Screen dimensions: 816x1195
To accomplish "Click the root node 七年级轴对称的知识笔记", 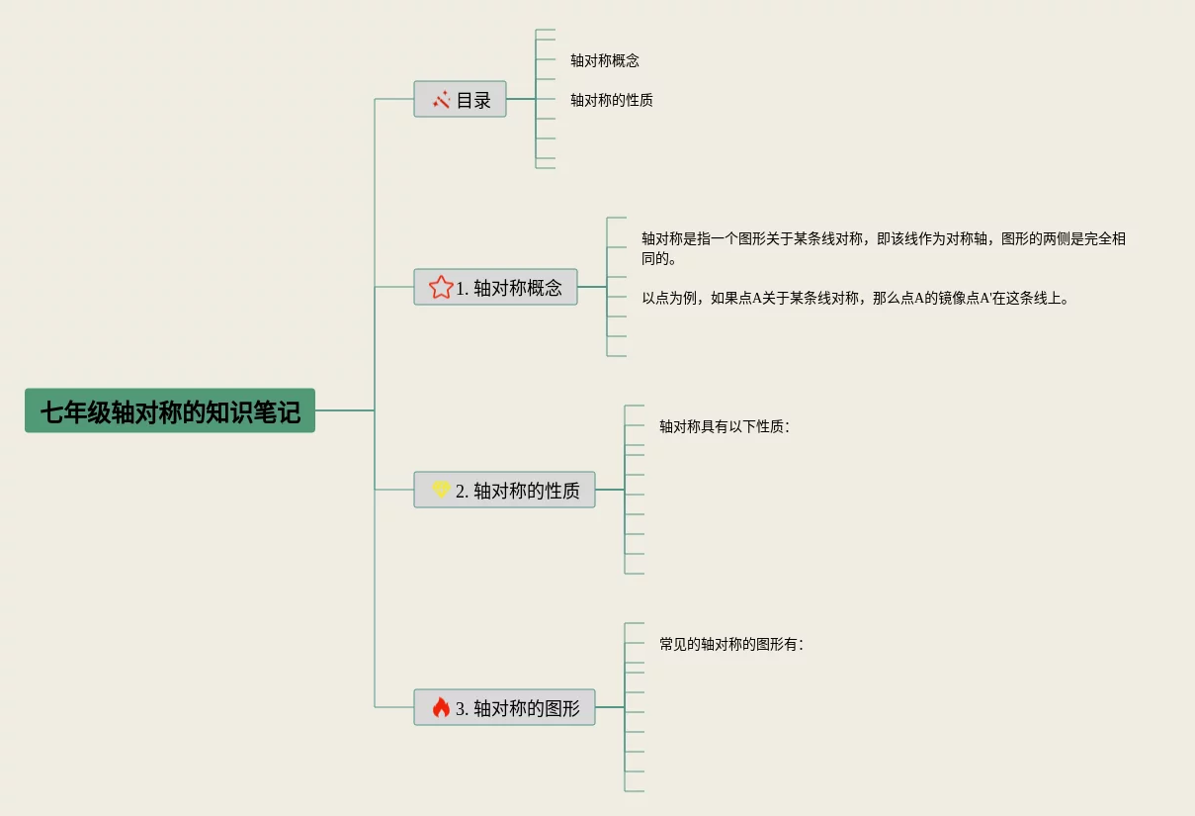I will tap(169, 410).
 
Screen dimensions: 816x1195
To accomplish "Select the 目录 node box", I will tap(460, 99).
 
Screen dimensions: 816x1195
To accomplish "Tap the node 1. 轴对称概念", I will tap(495, 287).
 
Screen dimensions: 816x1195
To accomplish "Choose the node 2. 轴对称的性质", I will tap(504, 490).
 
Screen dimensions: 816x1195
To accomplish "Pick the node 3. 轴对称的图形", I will tap(504, 707).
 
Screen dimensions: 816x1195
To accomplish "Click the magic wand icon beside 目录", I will tap(441, 99).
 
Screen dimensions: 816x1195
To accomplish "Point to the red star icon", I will tap(441, 287).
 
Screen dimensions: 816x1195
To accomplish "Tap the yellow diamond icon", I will tap(441, 490).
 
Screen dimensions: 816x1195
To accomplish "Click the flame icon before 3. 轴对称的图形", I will tap(441, 707).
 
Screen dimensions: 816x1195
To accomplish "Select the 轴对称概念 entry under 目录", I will tap(605, 60).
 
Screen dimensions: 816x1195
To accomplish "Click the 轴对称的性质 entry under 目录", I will tap(612, 100).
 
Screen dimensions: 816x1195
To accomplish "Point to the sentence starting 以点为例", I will tap(856, 298).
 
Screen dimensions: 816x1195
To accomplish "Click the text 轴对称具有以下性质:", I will tap(725, 426).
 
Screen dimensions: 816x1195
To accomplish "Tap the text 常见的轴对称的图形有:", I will tap(731, 644).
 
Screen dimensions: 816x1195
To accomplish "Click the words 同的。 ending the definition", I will tap(659, 259).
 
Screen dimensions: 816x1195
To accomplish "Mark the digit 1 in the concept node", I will tap(461, 288).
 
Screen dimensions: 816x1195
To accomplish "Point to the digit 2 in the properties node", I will tap(461, 491).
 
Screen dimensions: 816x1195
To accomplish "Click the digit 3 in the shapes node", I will tap(461, 708).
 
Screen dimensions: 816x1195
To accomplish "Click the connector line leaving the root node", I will tap(344, 410).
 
